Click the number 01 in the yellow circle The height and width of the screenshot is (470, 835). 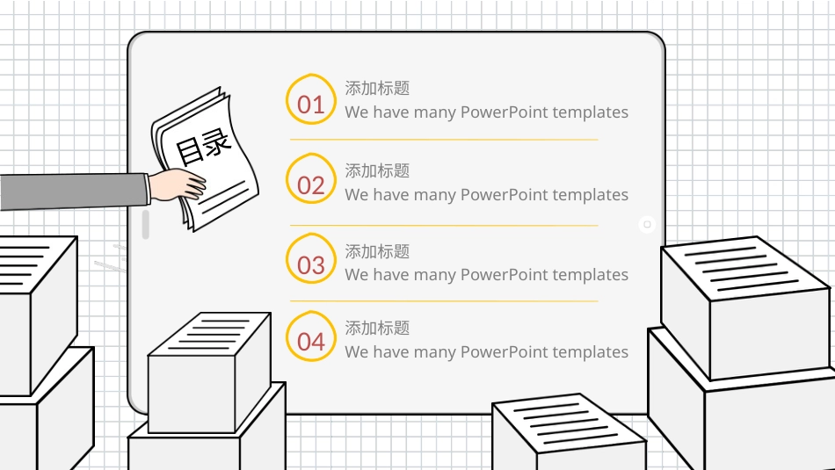click(311, 105)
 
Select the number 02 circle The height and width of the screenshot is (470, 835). click(311, 179)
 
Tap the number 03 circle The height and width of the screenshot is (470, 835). click(311, 258)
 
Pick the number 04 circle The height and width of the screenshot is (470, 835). click(311, 336)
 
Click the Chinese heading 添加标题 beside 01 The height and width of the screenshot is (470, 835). click(377, 88)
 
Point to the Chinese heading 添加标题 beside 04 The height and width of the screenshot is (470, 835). click(377, 328)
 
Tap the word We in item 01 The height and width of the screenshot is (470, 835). click(356, 112)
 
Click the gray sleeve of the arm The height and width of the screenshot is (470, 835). click(74, 192)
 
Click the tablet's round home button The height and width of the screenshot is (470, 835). click(647, 225)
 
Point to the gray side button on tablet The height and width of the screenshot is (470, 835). click(145, 225)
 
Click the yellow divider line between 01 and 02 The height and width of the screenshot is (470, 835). click(444, 140)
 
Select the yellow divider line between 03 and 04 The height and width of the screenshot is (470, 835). click(444, 301)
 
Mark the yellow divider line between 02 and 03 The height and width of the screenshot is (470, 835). click(444, 226)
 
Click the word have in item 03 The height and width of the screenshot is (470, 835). click(391, 275)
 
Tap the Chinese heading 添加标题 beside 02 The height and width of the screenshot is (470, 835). click(377, 170)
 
